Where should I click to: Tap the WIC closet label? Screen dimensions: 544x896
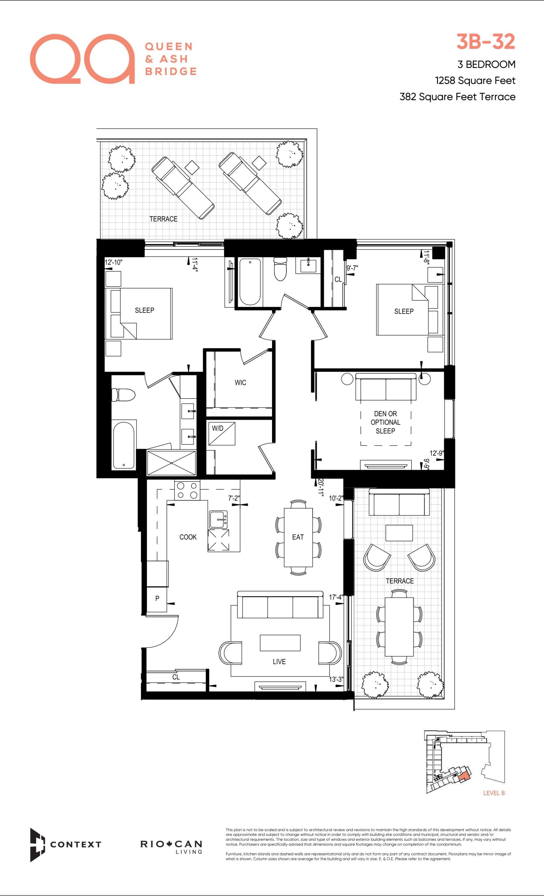coord(240,383)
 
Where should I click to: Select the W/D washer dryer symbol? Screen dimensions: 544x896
coord(222,433)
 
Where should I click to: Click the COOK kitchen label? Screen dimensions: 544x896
coord(188,537)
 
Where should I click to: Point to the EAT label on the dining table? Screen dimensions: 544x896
coord(298,537)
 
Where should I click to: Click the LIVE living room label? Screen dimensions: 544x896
coord(279,662)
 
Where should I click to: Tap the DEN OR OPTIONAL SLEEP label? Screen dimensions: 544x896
coord(385,422)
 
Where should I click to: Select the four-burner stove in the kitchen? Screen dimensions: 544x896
coord(187,490)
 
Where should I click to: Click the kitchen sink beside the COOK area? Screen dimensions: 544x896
coord(218,520)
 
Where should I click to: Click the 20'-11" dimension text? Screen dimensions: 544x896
coord(320,487)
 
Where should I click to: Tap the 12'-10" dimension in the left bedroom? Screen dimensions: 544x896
coord(113,262)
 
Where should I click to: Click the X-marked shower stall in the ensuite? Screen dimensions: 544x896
coord(171,463)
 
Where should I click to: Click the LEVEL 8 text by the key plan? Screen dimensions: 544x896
coord(494,793)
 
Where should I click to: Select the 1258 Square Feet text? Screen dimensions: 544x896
coord(475,80)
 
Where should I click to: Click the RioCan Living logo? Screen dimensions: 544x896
coord(171,847)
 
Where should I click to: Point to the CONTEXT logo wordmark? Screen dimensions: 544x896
coord(76,844)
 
